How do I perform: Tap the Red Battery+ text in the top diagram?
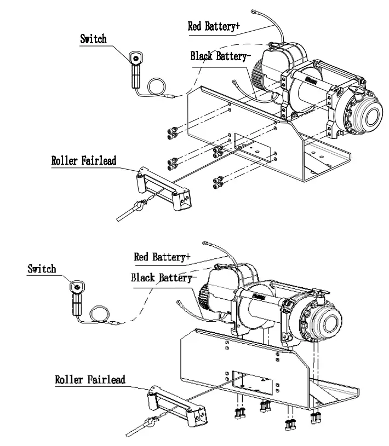[x=214, y=26]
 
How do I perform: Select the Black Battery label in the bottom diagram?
[x=163, y=277]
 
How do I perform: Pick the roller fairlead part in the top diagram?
[x=163, y=189]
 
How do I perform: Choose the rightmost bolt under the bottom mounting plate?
[x=316, y=418]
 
